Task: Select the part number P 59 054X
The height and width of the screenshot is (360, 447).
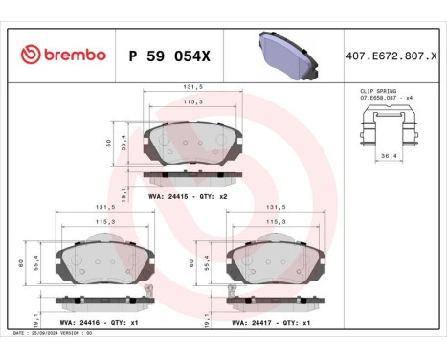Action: [169, 55]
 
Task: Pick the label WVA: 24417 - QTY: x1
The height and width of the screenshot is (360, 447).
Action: [269, 323]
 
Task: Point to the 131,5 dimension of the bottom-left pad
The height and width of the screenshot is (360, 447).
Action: [104, 206]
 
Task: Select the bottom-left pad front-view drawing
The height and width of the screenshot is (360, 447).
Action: [104, 259]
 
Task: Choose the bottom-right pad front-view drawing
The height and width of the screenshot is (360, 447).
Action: [273, 259]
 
